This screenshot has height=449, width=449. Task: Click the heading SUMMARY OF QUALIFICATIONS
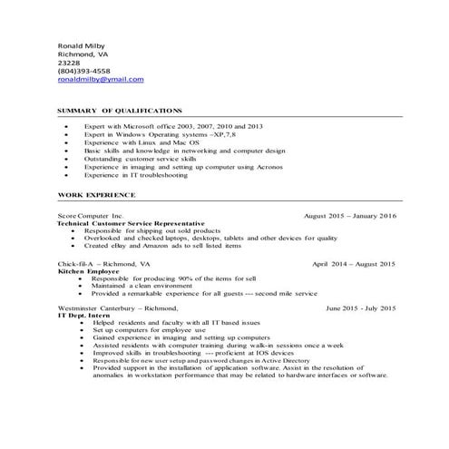(120, 110)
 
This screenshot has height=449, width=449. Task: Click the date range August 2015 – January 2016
(350, 216)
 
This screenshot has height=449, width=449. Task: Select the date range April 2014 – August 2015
(354, 263)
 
